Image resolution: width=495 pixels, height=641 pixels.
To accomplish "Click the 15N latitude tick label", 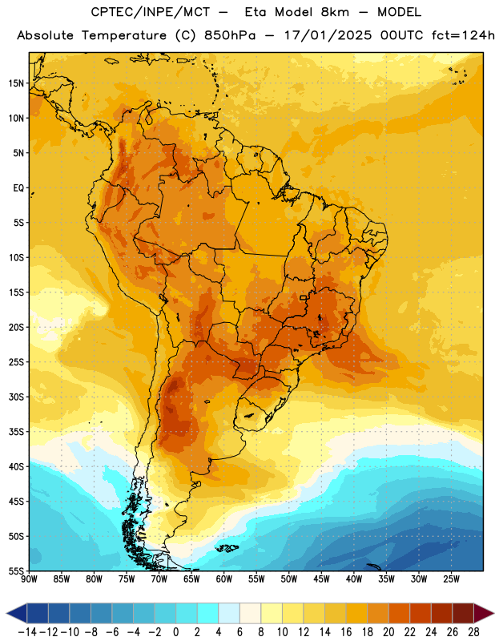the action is coord(16,83).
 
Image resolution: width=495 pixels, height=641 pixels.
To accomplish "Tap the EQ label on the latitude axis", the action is coord(18,188).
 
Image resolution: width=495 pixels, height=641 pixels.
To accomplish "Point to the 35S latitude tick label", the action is coord(16,432).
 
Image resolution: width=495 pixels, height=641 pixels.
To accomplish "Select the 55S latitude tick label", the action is coord(16,571).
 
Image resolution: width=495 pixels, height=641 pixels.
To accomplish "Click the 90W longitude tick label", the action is coord(29,579).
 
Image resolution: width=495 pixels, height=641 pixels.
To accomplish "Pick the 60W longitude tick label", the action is coord(224,579).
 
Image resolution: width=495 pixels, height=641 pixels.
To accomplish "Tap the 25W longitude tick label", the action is coord(451,579).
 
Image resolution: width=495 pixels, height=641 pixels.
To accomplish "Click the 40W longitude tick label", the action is coord(354,579).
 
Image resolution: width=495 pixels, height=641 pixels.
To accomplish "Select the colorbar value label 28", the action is coord(473,632).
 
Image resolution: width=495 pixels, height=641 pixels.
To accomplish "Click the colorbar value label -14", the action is coord(27,632).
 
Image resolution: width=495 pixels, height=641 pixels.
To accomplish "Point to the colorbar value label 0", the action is coord(175,632).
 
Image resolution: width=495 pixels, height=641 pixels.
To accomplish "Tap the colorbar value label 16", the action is coord(346,632).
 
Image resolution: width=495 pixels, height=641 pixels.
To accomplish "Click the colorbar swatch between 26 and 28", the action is coord(463,613).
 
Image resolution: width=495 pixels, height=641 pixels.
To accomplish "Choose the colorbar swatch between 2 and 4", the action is coord(208,613).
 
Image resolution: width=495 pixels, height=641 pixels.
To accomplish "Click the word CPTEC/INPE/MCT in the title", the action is coord(151,12).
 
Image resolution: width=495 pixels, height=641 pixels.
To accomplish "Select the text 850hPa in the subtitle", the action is coord(230,35).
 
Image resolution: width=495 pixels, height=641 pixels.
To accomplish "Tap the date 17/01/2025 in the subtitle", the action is coord(328,35).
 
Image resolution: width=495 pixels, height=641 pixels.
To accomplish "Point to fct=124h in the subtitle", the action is coord(463,35).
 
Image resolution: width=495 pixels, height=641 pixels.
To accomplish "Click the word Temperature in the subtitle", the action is coord(124,35).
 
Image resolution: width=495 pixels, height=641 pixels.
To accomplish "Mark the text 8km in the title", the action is coord(335,12).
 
